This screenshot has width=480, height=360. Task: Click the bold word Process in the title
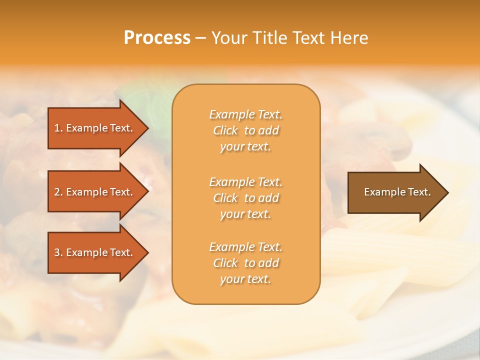pos(157,38)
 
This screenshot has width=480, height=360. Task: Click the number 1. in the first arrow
pos(58,128)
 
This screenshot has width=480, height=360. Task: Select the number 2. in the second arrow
pos(58,192)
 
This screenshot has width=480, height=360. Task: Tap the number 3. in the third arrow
pos(58,252)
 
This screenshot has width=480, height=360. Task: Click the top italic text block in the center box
pos(245,130)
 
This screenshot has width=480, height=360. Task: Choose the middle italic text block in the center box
pos(245,198)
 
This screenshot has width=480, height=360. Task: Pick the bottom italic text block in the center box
pos(245,263)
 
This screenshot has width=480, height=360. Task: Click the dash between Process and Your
pos(201,38)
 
